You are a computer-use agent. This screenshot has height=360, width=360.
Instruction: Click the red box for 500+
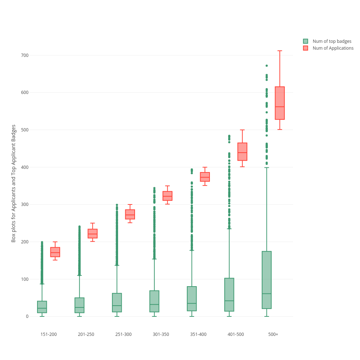point(280,103)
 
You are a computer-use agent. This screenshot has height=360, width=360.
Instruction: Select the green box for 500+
point(267,280)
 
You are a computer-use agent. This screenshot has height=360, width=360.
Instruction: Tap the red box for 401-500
point(242,152)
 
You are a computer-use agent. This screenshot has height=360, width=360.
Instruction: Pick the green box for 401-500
point(229,294)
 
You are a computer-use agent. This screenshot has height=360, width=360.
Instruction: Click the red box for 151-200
point(55,252)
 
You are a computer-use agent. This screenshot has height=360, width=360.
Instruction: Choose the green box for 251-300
point(117,302)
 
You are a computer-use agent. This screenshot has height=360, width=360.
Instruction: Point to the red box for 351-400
point(205,177)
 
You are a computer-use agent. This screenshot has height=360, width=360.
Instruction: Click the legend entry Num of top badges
point(332,41)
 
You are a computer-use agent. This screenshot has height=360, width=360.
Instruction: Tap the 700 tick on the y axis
point(24,55)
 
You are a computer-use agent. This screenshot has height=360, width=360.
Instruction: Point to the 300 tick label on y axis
point(24,204)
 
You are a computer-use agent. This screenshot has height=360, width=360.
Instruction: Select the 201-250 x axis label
point(86,334)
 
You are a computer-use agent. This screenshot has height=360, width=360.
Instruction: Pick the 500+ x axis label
point(273,334)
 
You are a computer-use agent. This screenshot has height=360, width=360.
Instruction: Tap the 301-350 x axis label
point(161,334)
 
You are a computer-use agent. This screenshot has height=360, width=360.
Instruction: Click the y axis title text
point(14,183)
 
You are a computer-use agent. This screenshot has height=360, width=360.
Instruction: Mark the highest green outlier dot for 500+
point(267,66)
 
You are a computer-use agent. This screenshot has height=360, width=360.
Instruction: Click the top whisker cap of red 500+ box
point(280,51)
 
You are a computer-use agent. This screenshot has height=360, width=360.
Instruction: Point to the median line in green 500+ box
point(267,294)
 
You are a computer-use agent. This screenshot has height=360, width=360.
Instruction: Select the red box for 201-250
point(93,233)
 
